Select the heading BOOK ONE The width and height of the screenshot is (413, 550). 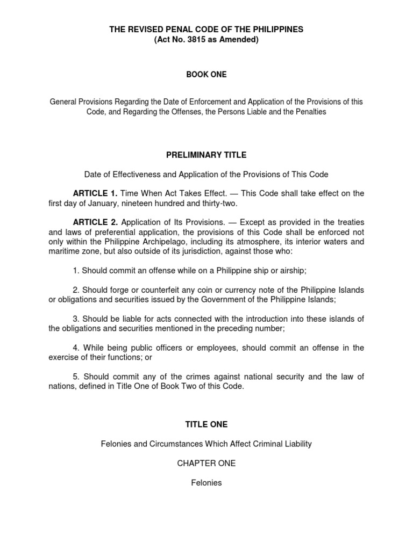coord(206,75)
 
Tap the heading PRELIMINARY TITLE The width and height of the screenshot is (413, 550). coord(206,155)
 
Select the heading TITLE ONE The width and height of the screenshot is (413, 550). coord(206,424)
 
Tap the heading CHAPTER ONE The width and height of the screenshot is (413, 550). coord(206,463)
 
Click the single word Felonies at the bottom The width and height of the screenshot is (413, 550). coord(206,482)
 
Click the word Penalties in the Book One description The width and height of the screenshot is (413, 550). coord(309,113)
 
